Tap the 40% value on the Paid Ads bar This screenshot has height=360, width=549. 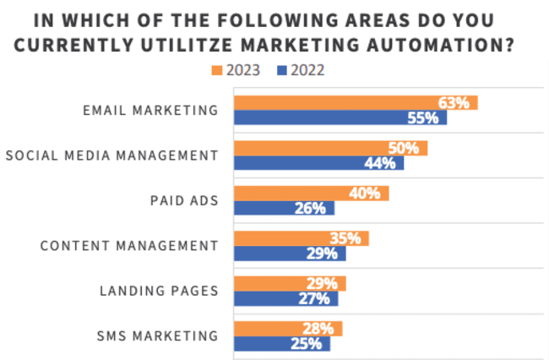click(364, 194)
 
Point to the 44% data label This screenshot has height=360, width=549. click(379, 163)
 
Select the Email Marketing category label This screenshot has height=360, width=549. click(150, 110)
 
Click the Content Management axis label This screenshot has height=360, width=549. click(129, 246)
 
